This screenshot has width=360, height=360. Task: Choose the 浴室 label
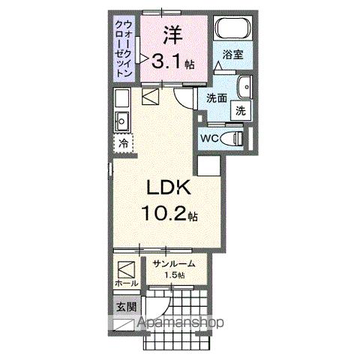coord(234,54)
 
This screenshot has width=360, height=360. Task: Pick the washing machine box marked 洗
coord(240,109)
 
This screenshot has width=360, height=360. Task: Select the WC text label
coord(209,138)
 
